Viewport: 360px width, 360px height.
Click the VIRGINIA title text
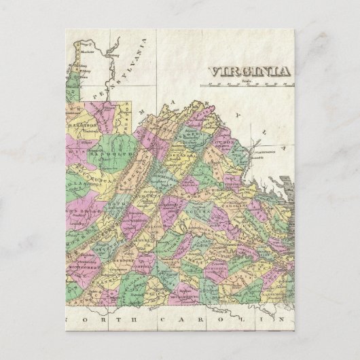click(x=249, y=71)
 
